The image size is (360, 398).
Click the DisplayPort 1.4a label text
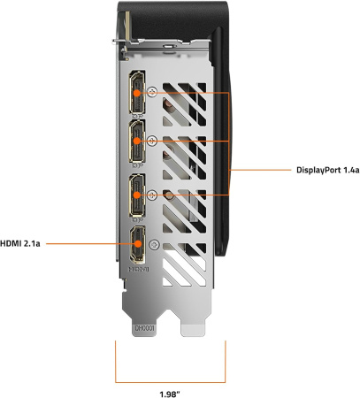point(328,170)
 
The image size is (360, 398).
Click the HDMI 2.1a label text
point(20,244)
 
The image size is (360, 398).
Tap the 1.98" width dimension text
point(170,394)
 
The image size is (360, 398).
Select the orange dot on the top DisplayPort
point(136,93)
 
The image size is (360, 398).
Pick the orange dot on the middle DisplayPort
point(136,141)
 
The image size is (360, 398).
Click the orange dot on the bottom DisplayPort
point(136,195)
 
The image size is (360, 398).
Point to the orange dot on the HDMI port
point(138,244)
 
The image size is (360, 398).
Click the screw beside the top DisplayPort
point(152,92)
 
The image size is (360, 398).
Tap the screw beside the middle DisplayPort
point(152,141)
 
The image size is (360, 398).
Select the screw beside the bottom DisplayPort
point(152,195)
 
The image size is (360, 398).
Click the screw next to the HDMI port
point(154,245)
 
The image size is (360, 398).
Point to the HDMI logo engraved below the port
point(139,269)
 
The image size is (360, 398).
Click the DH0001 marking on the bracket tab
point(144,328)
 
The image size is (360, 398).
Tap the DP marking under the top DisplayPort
point(138,117)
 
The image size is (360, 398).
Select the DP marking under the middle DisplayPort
point(138,165)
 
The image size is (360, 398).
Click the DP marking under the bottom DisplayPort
point(138,219)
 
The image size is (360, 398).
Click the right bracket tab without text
point(193,329)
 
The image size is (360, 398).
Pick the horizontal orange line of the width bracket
point(171,382)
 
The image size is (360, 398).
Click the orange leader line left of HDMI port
point(88,244)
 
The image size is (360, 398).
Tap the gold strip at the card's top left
point(127,26)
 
